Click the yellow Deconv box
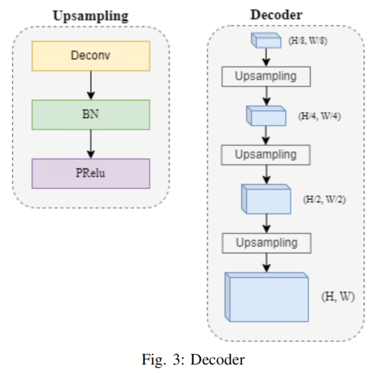(x=91, y=56)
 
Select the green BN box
(x=91, y=115)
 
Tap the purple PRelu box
(x=91, y=173)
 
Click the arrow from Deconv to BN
(x=91, y=85)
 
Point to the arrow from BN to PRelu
(x=91, y=144)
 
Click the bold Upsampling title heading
(x=91, y=16)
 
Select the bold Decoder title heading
(x=276, y=15)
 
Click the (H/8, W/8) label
(x=308, y=41)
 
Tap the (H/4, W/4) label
(x=319, y=116)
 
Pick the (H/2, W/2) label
(x=324, y=199)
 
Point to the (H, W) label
(x=338, y=297)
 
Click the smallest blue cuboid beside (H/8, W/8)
(x=266, y=41)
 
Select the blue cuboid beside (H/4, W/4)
(x=266, y=116)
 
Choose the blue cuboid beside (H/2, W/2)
(x=266, y=199)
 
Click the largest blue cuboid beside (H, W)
(x=267, y=297)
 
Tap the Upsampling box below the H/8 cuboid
(x=266, y=76)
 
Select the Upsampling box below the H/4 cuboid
(x=266, y=155)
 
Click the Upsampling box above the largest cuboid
(x=267, y=243)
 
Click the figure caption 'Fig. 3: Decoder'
(x=193, y=359)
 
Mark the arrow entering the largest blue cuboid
(x=267, y=263)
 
